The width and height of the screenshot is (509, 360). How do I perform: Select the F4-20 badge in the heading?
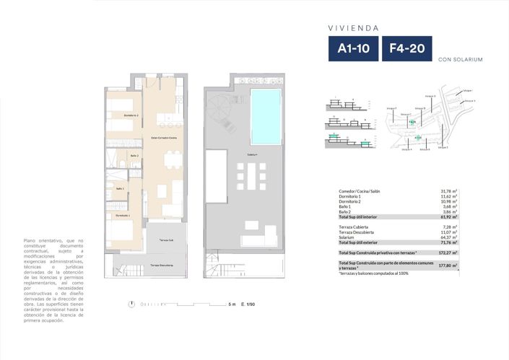click(x=406, y=49)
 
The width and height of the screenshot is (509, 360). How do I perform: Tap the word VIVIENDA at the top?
click(x=354, y=28)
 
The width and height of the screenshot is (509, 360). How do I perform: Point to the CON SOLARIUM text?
click(x=460, y=60)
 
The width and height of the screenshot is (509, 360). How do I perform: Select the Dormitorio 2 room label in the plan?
click(x=131, y=115)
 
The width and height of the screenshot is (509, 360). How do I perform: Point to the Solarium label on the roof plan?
click(x=253, y=154)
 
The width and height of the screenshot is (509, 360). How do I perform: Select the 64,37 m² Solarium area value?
click(x=451, y=237)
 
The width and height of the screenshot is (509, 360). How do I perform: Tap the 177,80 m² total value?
click(x=449, y=265)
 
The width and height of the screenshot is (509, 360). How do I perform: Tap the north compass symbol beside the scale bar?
click(x=130, y=304)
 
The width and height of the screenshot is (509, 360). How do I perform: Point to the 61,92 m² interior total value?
click(x=451, y=216)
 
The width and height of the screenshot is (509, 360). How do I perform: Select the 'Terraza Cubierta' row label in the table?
click(x=356, y=227)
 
